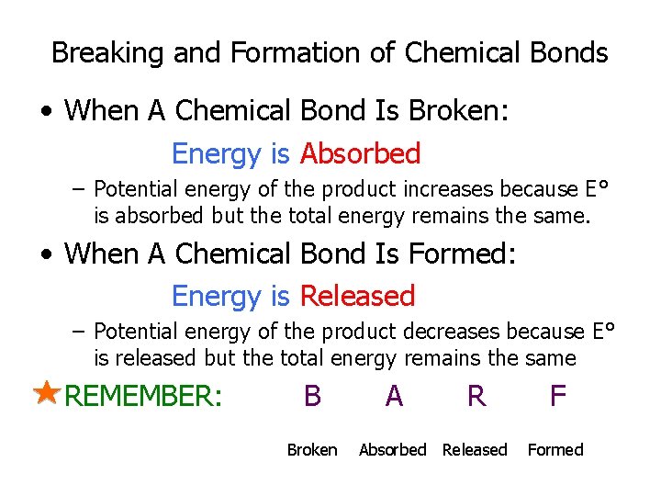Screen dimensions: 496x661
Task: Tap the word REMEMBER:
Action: (144, 397)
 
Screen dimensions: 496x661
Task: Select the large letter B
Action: (312, 396)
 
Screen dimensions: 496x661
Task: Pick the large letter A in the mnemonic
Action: (394, 396)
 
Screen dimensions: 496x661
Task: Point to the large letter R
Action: (476, 396)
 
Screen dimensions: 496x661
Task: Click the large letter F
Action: (557, 396)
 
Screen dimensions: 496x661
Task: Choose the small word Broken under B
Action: (312, 449)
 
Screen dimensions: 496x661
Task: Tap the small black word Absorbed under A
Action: (392, 449)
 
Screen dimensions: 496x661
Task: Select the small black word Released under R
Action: (475, 449)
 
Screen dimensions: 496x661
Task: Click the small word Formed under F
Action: (555, 449)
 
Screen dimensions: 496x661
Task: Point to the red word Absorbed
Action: (360, 153)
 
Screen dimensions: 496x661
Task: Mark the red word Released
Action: (357, 296)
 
